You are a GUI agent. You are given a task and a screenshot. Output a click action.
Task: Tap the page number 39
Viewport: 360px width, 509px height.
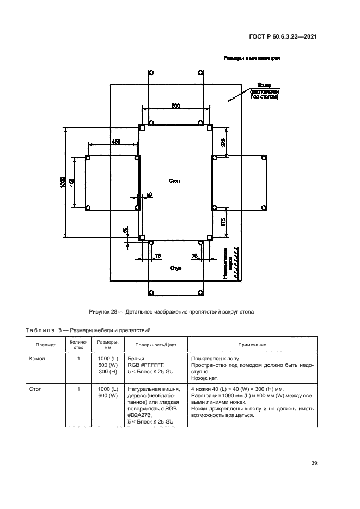point(314,463)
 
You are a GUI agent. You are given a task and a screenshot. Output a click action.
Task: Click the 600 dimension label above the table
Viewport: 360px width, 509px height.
point(176,106)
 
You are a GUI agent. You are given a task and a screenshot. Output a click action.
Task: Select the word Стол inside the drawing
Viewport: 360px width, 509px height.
point(174,180)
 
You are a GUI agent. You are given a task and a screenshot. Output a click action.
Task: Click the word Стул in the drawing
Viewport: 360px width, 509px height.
point(175,268)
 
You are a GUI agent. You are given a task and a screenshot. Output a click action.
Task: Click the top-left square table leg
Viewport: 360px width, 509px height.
point(142,128)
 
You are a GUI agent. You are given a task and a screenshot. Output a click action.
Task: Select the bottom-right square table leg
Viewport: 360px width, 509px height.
point(210,237)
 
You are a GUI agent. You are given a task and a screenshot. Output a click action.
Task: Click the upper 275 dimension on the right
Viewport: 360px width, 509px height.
point(224,143)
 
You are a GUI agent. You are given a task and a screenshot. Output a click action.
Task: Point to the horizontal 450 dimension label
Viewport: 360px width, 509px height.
point(116,142)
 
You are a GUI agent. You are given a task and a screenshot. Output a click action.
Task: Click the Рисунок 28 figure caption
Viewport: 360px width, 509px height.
point(172,312)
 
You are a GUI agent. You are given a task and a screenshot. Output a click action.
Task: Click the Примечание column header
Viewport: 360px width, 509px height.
point(252,345)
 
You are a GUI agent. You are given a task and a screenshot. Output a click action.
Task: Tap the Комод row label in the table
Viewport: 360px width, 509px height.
point(38,359)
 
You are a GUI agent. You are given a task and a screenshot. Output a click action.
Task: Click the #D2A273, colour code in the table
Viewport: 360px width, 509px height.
point(139,415)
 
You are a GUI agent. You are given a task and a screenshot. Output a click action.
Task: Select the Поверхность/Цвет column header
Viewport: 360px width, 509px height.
point(156,345)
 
